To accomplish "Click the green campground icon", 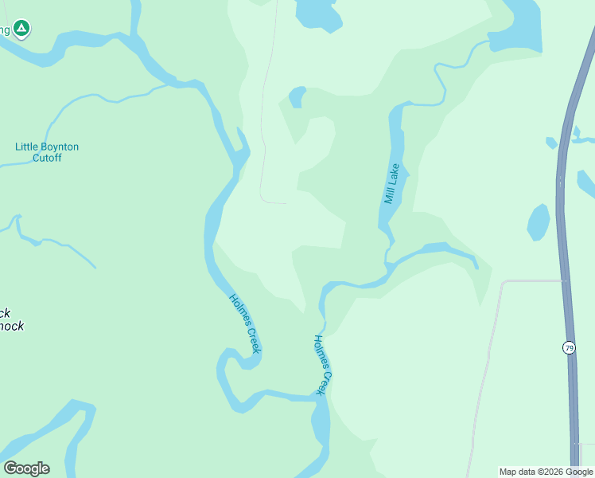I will coord(21,29).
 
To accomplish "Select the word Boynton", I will coord(62,147).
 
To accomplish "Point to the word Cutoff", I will coord(47,158).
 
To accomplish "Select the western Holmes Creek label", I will coord(245,323).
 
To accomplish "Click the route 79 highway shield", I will coord(568,347).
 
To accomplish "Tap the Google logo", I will coord(26,468).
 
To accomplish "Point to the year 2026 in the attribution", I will coord(553,472).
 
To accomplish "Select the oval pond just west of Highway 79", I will coord(539,222).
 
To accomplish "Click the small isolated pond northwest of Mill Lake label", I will coord(297,97).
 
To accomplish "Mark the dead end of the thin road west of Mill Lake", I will coord(285,203).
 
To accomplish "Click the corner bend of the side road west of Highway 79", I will coord(504,282).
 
